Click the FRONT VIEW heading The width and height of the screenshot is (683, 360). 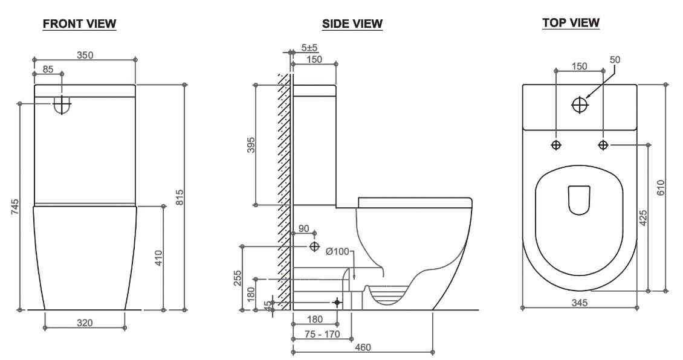(79, 24)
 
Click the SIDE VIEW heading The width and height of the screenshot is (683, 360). (352, 24)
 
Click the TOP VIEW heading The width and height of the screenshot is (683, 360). (571, 23)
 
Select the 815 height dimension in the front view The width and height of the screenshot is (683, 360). (179, 197)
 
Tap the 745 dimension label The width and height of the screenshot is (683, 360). (15, 208)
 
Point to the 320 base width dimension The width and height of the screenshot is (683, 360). (85, 323)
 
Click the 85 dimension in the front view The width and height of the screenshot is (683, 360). (47, 69)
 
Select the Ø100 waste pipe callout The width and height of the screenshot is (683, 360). (337, 251)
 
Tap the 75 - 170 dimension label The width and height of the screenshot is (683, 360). (322, 334)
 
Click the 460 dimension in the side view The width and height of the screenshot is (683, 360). (363, 347)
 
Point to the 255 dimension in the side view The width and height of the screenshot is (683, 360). (238, 278)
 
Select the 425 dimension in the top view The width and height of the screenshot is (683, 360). (643, 218)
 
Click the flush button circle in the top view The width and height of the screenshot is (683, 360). (580, 104)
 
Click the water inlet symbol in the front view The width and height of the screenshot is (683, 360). (62, 104)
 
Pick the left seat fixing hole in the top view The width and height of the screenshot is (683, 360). (556, 145)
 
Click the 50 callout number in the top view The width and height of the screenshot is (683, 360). (615, 60)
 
